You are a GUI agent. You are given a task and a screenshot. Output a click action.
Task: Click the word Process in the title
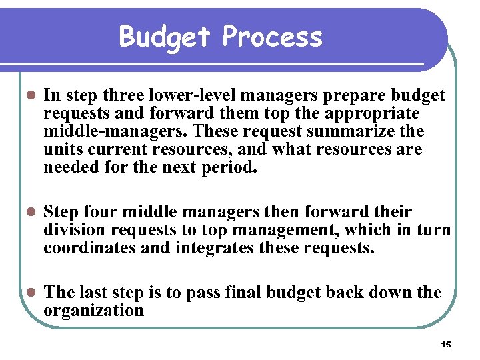(x=272, y=37)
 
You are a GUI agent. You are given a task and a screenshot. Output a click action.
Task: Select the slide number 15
(x=446, y=345)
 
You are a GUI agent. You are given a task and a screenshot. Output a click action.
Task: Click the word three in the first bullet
(x=125, y=96)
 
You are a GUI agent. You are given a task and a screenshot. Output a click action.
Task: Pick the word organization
(x=93, y=311)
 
